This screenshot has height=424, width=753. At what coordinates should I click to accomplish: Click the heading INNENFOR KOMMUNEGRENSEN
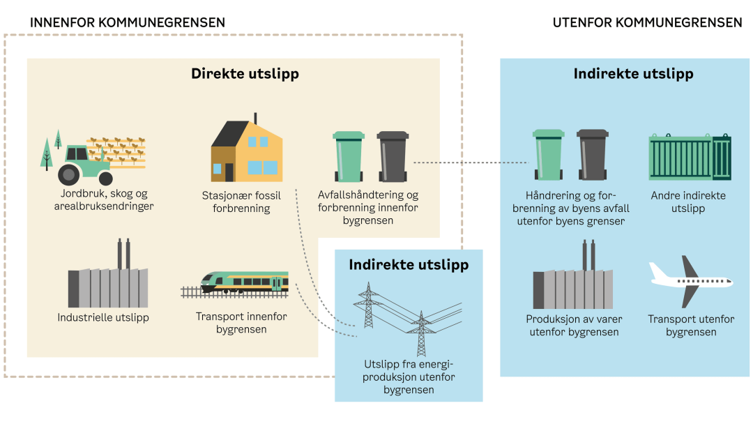point(128,22)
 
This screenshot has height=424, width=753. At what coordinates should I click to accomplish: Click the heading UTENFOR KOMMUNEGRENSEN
point(647,22)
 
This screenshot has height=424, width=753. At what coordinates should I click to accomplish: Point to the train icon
point(244,282)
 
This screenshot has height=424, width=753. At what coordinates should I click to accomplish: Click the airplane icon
point(690,282)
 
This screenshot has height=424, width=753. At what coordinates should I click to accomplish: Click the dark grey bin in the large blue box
point(593,156)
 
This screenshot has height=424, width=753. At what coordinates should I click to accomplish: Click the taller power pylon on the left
point(367,305)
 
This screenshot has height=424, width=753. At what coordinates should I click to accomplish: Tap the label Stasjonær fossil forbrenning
point(241,201)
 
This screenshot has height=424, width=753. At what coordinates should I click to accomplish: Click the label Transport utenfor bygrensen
point(691,326)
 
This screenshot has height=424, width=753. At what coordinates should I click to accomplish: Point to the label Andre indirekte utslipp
point(688,202)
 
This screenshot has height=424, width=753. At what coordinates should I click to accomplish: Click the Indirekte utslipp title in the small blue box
point(409,265)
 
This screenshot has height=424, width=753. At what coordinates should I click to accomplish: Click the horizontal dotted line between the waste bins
point(471,162)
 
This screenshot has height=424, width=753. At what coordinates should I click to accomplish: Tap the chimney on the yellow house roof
point(255,118)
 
